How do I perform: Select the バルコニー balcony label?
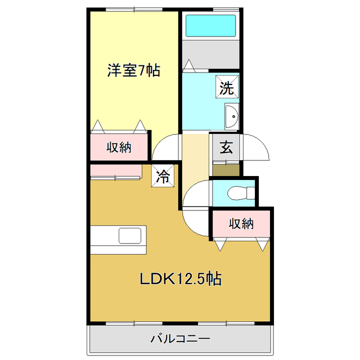pyautogui.click(x=180, y=339)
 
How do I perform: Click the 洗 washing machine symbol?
pyautogui.click(x=226, y=87)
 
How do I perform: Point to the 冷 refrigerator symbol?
pyautogui.click(x=163, y=177)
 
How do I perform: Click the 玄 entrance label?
pyautogui.click(x=226, y=147)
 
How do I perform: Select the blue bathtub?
pyautogui.click(x=210, y=25)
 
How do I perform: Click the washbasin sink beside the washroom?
pyautogui.click(x=231, y=117)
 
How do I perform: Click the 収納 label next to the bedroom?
pyautogui.click(x=119, y=147)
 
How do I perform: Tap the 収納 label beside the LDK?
pyautogui.click(x=241, y=223)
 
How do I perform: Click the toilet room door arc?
pyautogui.click(x=194, y=194)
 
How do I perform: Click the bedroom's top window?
pyautogui.click(x=133, y=10)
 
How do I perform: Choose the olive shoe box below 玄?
pyautogui.click(x=226, y=168)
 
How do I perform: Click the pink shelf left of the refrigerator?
pyautogui.click(x=115, y=170)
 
